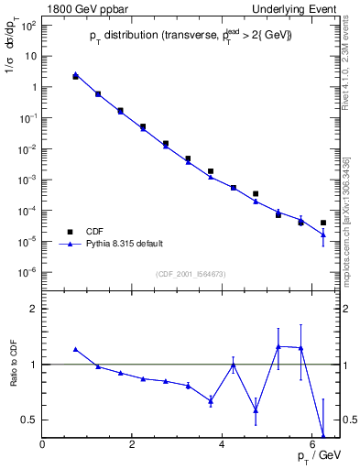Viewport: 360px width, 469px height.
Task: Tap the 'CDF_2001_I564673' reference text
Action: pyautogui.click(x=191, y=274)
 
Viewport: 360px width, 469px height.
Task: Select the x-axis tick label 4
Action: pyautogui.click(x=223, y=445)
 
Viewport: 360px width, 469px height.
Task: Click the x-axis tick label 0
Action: pyautogui.click(x=43, y=445)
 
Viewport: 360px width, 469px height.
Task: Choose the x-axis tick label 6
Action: pyautogui.click(x=312, y=445)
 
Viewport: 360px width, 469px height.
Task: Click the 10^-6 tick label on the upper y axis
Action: pyautogui.click(x=27, y=272)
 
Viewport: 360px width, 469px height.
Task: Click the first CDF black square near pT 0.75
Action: pyautogui.click(x=76, y=77)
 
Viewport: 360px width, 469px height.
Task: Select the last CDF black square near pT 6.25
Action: pyautogui.click(x=323, y=223)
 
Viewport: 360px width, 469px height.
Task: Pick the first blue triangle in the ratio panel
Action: pyautogui.click(x=76, y=349)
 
